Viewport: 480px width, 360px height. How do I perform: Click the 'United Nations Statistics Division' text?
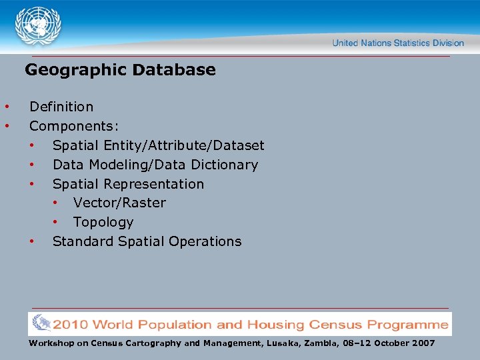point(398,43)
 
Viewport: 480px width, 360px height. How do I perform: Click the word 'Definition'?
point(61,107)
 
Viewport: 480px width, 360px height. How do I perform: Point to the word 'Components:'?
point(74,126)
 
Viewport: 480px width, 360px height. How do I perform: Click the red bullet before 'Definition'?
point(7,107)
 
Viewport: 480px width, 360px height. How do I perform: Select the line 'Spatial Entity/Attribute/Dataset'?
point(158,145)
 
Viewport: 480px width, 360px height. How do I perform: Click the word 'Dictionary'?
point(224,165)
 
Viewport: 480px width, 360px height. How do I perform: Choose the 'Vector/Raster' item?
point(119,203)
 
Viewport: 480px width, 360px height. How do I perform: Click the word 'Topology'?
point(103,222)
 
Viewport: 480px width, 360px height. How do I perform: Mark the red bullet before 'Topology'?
point(57,222)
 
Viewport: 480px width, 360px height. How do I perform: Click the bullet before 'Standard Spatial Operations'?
point(31,241)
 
